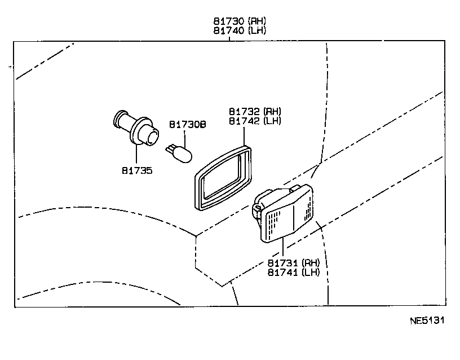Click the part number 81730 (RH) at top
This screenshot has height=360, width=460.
(x=239, y=21)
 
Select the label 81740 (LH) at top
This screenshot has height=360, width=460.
(x=239, y=30)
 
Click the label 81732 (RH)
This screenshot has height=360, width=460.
(x=255, y=112)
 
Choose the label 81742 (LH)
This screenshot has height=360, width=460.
(x=255, y=121)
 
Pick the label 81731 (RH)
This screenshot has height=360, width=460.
(x=294, y=263)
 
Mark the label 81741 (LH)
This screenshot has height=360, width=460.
(x=294, y=272)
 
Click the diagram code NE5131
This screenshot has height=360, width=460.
(x=427, y=322)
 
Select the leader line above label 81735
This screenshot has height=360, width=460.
(x=136, y=153)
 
